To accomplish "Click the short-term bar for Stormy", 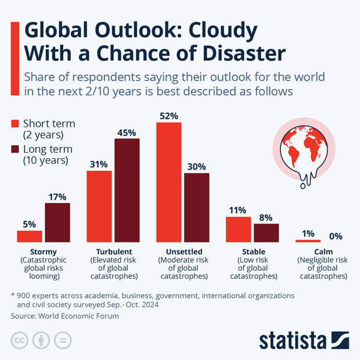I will pos(30,236).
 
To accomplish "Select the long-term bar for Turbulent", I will pos(127,190).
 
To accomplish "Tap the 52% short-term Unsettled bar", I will pos(168,182).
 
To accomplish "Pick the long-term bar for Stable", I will pos(267,233).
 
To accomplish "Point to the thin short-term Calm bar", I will pos(308,240).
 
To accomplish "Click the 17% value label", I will pos(57,197).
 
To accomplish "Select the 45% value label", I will pos(127,132).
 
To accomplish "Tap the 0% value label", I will pos(336,236).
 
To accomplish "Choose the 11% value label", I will pos(238,210).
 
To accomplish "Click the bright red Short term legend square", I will pos(16,124).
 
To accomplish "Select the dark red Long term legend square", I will pos(16,150).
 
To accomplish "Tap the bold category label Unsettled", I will pos(183,251).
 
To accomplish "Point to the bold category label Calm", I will pos(322,251).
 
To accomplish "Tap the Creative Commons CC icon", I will pos(19,340).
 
